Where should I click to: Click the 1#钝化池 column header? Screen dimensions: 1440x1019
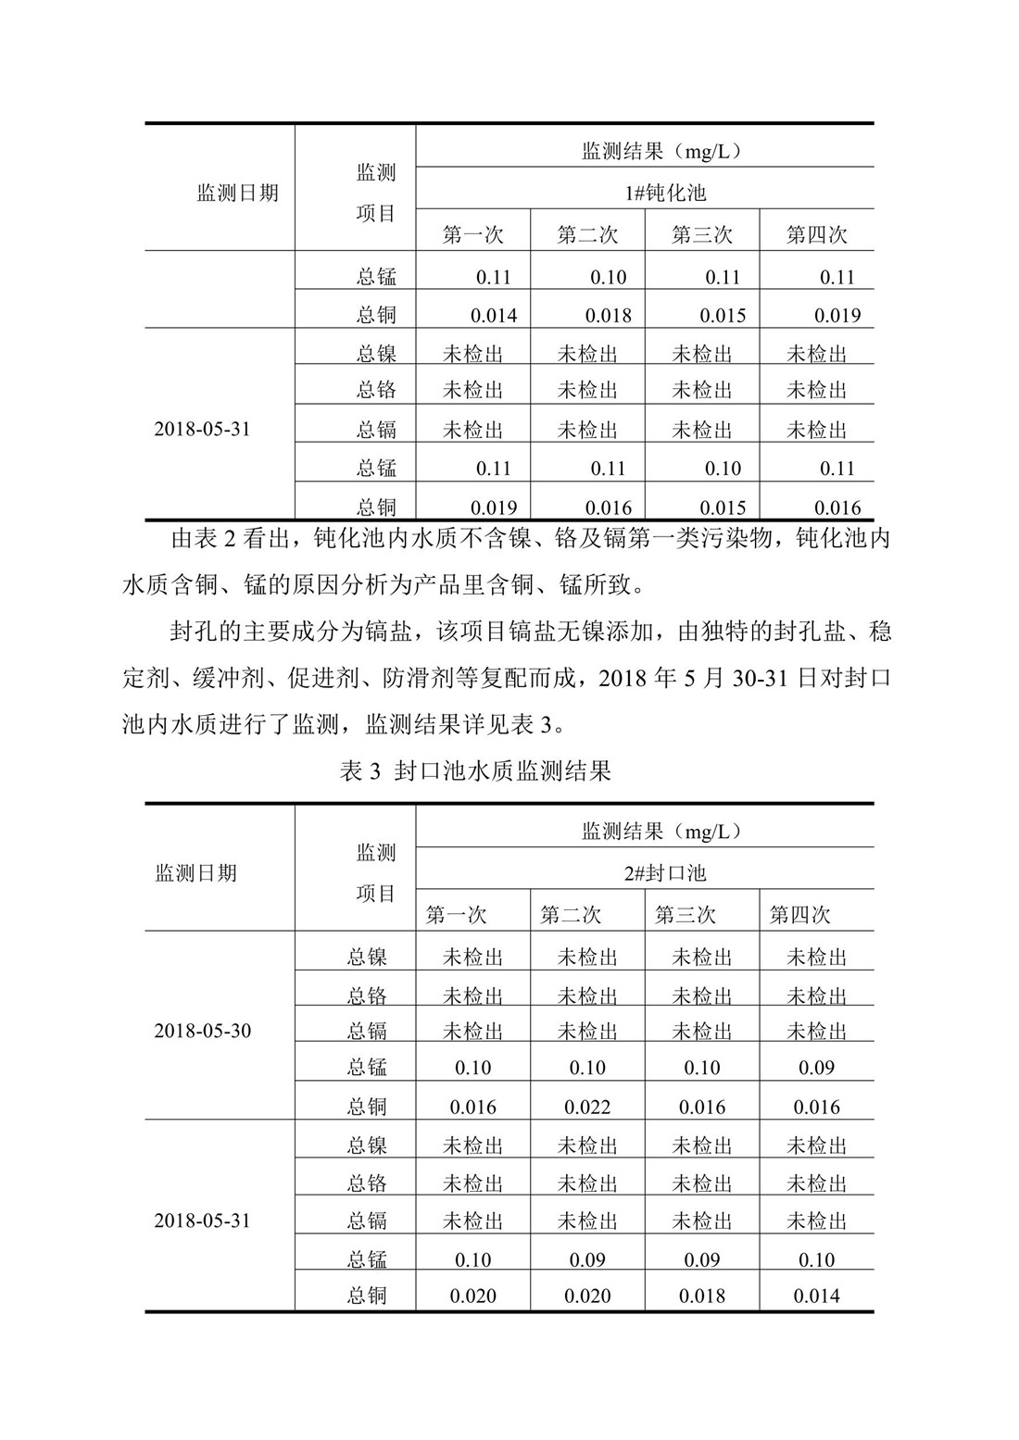point(663,193)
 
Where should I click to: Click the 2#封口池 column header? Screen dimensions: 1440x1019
point(663,872)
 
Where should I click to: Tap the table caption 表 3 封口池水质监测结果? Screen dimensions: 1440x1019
point(476,771)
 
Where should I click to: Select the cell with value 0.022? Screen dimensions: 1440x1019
point(587,1107)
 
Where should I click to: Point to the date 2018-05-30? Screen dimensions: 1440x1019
point(202,1031)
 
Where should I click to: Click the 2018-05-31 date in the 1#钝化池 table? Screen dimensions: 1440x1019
point(202,430)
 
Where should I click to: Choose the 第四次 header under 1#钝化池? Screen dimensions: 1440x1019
point(816,234)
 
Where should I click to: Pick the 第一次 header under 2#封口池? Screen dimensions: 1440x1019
point(456,915)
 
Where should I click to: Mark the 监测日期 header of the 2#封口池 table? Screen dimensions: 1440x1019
point(195,872)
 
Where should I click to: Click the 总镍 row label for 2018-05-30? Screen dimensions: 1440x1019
point(367,958)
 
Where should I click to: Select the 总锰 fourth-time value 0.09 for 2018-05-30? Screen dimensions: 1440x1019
point(816,1068)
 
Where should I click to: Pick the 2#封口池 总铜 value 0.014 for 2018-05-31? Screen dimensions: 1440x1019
point(816,1296)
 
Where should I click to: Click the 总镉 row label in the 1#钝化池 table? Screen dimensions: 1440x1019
point(376,430)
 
